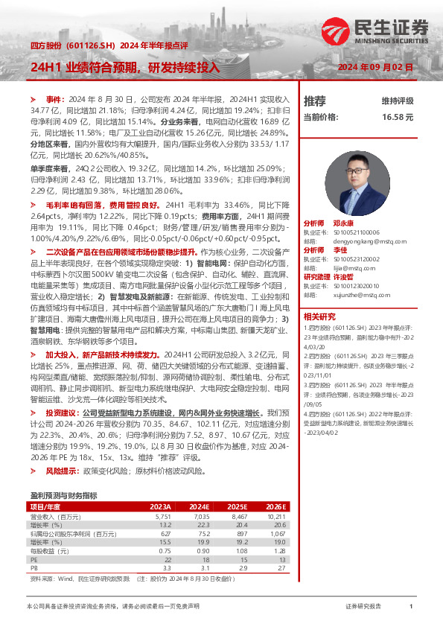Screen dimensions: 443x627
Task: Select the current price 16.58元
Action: tap(398, 118)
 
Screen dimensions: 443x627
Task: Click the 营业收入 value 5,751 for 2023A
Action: tap(162, 516)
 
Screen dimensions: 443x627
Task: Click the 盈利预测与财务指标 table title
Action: tap(63, 494)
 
